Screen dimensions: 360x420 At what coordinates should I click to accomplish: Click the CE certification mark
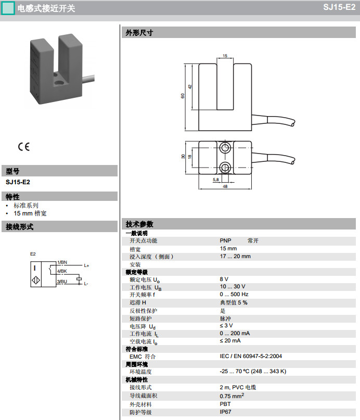23,147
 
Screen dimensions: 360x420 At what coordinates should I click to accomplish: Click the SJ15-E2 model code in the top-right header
339,7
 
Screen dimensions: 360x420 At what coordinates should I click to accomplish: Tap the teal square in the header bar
8,8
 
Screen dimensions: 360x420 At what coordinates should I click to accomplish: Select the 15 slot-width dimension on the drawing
225,56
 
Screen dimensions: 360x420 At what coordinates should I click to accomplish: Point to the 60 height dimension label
183,96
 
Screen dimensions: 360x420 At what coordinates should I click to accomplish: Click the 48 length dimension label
225,186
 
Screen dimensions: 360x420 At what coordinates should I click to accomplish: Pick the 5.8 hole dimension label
216,180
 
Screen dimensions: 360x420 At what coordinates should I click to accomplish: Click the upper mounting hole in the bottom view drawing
225,148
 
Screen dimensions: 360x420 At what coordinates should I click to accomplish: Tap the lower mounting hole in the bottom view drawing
225,168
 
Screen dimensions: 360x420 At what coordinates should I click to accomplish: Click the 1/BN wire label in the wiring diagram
62,262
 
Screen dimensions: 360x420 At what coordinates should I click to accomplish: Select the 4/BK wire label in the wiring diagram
62,271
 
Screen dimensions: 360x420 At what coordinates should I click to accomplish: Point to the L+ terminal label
86,266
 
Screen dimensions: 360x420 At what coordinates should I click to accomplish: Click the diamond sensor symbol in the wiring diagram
36,280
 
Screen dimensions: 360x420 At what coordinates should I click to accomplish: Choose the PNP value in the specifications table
225,240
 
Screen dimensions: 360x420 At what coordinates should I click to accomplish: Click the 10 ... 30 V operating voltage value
233,287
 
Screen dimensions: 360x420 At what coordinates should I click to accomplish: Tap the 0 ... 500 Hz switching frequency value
234,295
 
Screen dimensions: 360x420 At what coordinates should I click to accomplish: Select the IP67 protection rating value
225,412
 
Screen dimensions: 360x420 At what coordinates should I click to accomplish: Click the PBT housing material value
225,404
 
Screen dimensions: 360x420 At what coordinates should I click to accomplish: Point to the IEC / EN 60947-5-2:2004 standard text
251,357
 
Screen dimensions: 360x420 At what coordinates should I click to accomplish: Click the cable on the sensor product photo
88,79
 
